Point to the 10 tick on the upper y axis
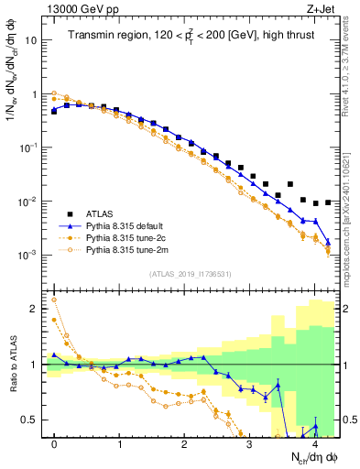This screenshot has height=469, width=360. (31, 41)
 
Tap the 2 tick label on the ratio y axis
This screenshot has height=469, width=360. (34, 309)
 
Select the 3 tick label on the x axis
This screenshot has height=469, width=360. (250, 443)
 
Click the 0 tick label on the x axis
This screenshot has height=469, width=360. (54, 443)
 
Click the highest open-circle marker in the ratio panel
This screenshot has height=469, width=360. (54, 300)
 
